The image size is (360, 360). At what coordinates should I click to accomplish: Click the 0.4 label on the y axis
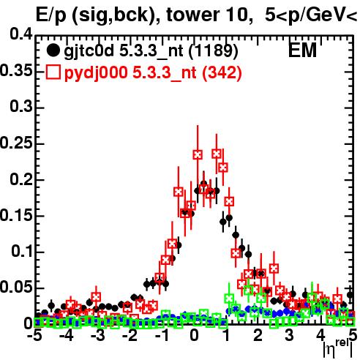tap(21, 34)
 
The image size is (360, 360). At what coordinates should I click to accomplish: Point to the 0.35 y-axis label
tap(16, 71)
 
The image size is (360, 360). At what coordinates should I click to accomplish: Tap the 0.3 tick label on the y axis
tap(21, 107)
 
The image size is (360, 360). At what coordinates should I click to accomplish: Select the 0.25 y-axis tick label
tap(16, 143)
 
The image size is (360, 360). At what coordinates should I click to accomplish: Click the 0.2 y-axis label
tap(21, 179)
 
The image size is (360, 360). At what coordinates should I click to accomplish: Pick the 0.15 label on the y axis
tap(16, 215)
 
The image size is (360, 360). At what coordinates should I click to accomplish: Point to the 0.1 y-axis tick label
tap(21, 251)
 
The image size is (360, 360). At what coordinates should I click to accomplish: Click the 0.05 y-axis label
tap(16, 288)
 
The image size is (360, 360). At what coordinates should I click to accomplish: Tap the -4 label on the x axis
tap(67, 336)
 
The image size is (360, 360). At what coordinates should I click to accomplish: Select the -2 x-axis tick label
tap(130, 336)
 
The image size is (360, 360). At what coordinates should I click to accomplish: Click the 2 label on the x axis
tap(258, 336)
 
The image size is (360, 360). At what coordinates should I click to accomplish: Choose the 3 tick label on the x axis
tap(290, 336)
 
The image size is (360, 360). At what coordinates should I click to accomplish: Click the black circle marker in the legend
tap(53, 50)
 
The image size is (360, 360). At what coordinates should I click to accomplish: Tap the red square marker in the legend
tap(53, 72)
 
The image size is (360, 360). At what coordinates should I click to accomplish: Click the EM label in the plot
tap(302, 50)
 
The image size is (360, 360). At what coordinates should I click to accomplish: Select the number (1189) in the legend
tap(213, 50)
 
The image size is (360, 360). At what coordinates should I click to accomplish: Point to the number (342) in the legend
tap(222, 72)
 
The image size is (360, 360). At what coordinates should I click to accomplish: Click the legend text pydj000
tap(96, 73)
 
